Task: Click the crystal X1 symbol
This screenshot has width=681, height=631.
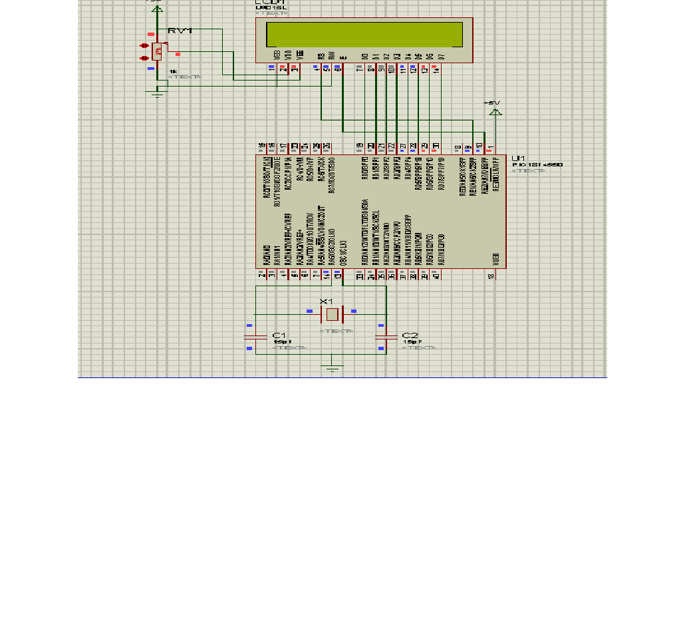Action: [x=333, y=314]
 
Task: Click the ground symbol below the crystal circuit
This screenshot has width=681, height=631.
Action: [x=333, y=368]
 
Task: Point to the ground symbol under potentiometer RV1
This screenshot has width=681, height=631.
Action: [x=157, y=94]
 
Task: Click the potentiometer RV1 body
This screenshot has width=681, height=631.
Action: [x=157, y=51]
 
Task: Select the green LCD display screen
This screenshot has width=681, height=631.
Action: [x=364, y=35]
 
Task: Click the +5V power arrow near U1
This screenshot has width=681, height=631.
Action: [x=495, y=110]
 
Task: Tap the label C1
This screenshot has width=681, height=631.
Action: [x=279, y=335]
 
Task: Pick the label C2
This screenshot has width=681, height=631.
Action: [x=410, y=335]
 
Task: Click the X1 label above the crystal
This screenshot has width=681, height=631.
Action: [x=326, y=302]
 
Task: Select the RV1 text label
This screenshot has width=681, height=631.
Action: [x=180, y=31]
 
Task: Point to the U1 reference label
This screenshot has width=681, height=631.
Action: [x=519, y=158]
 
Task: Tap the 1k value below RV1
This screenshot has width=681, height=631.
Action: [x=173, y=71]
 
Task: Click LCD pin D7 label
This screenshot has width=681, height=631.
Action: [x=440, y=56]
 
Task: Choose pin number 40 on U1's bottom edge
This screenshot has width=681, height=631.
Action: [x=436, y=276]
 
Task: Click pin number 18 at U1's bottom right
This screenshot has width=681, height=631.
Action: [x=491, y=276]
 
